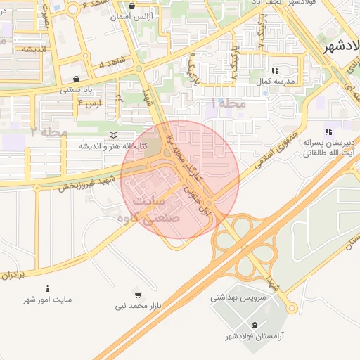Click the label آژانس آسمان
point(132,15)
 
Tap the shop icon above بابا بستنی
point(76,79)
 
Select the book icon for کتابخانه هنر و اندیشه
point(112,135)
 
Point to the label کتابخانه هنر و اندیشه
point(112,146)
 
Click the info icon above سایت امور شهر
point(47,288)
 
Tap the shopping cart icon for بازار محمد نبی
point(137,295)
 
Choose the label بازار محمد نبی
point(137,307)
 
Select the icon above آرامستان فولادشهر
point(254,324)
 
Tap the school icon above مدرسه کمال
point(275,70)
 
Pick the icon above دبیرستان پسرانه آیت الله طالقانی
point(328,131)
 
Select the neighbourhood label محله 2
point(49,132)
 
